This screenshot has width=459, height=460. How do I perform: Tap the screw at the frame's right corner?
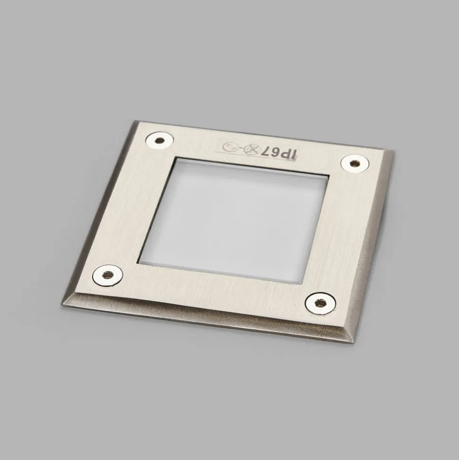coord(354,164)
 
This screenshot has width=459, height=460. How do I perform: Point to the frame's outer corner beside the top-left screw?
coord(136,122)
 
